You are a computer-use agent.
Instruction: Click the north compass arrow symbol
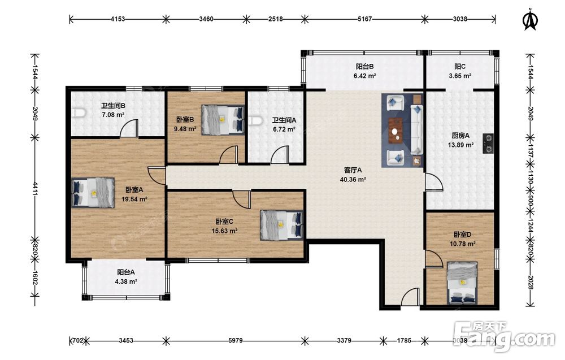[530, 20]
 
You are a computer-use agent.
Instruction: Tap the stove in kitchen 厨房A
[488, 143]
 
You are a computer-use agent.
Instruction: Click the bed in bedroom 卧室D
[462, 283]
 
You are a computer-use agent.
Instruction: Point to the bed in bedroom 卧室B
[223, 120]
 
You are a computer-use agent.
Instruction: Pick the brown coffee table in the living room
[397, 131]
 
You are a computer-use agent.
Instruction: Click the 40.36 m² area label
[353, 179]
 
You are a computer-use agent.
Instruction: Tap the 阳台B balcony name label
[364, 66]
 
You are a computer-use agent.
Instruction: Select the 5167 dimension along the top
[364, 19]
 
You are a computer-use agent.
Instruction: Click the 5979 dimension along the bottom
[235, 340]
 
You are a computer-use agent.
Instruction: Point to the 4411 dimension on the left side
[35, 188]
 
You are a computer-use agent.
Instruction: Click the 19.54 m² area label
[134, 199]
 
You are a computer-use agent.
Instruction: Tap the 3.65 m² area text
[460, 76]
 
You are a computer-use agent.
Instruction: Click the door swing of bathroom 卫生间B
[129, 129]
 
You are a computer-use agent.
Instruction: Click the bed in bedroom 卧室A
[93, 193]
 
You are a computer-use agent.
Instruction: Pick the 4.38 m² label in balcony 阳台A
[126, 281]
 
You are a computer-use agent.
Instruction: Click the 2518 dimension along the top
[275, 19]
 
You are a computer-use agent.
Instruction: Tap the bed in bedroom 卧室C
[282, 225]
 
